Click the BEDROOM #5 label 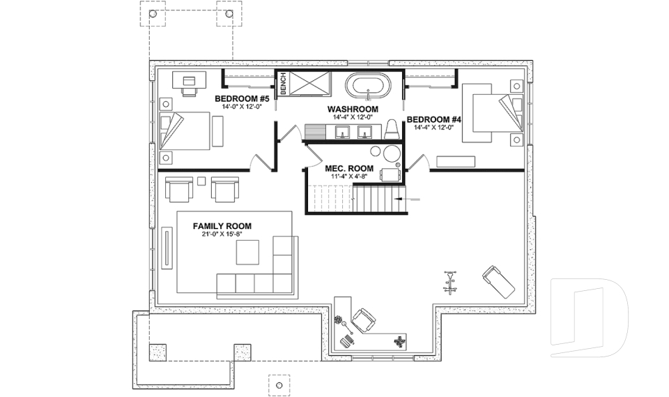[x=238, y=98]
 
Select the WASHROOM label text [x=353, y=110]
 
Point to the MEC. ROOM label [x=349, y=169]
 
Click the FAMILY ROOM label [x=222, y=226]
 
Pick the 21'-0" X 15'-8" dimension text [x=222, y=235]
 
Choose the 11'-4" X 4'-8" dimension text [x=349, y=177]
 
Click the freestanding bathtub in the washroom [x=369, y=87]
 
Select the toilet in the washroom [x=392, y=129]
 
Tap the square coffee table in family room [x=247, y=252]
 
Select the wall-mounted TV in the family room [x=168, y=246]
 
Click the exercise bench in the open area [x=498, y=280]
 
